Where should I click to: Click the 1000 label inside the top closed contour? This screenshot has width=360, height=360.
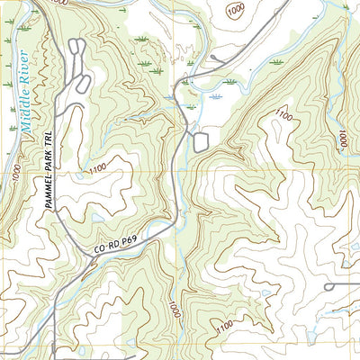pos(236,10)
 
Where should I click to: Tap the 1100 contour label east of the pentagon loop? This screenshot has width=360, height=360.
pos(284,117)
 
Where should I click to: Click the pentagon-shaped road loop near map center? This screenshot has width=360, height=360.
pos(200,140)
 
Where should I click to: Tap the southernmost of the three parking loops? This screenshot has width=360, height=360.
pos(83,83)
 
